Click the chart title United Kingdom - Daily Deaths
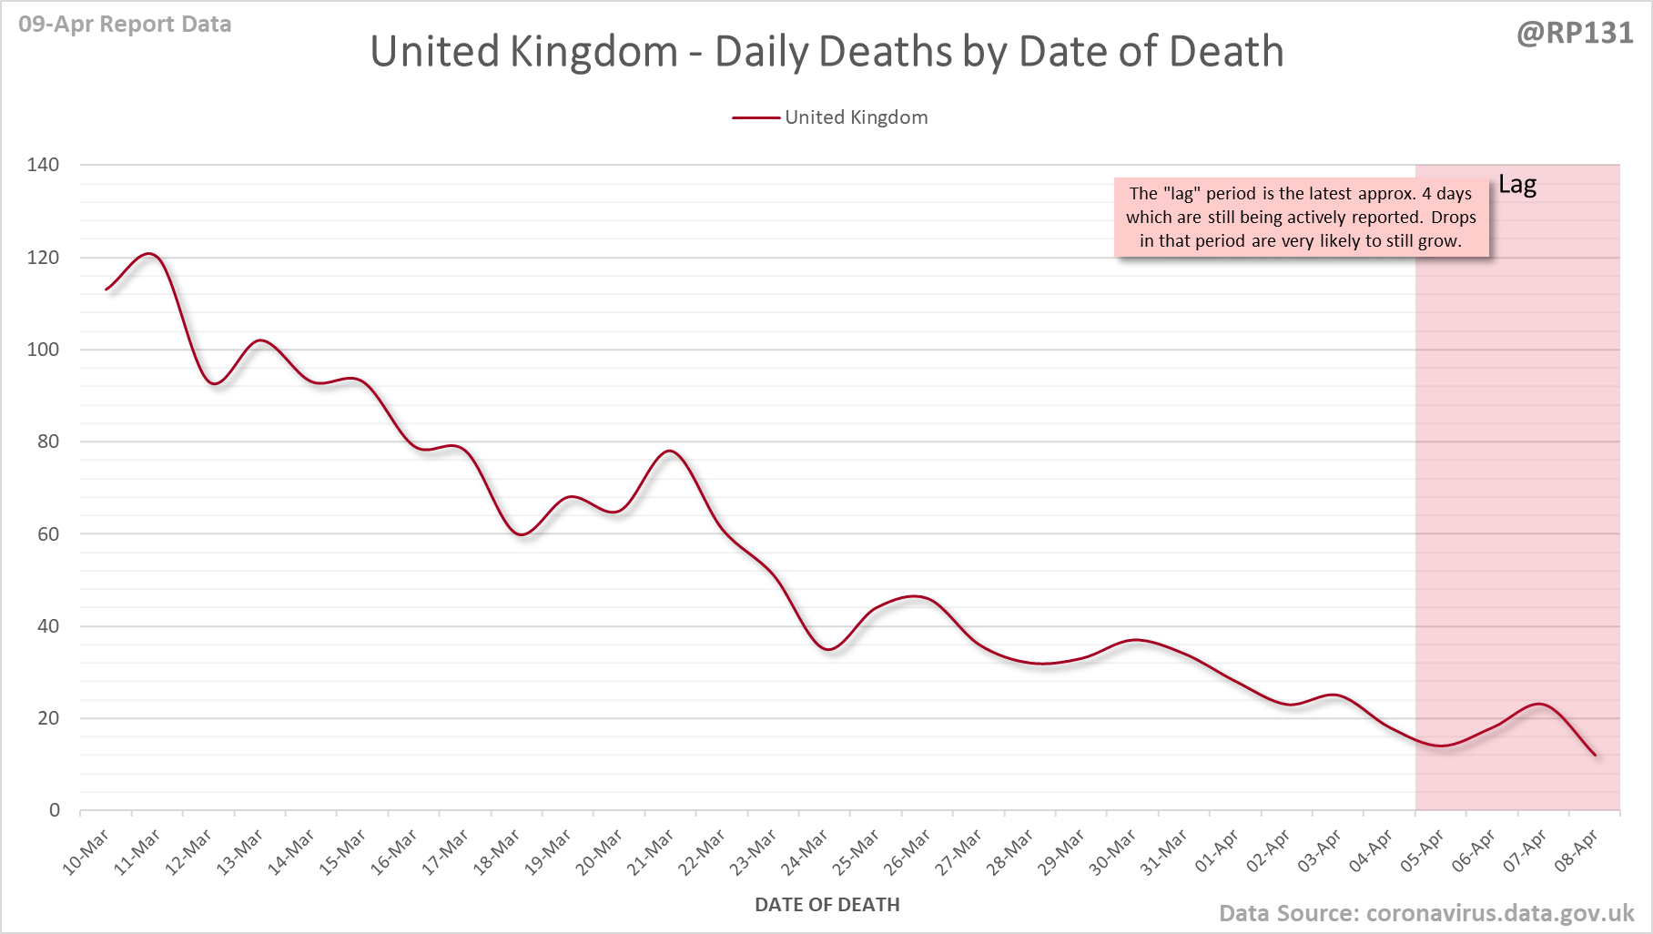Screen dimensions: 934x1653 pos(826,52)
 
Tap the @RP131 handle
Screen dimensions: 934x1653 pos(1575,34)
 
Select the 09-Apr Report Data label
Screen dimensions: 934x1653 pos(125,25)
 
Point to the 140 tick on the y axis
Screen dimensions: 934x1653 pos(43,165)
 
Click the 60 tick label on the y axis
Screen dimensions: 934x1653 pos(48,534)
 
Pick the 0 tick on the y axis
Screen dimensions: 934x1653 pos(55,810)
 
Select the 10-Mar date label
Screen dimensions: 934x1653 pos(86,852)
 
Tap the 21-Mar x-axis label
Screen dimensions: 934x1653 pos(650,852)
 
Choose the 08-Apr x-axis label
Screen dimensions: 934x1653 pos(1576,852)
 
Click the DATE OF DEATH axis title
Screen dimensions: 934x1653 pos(826,905)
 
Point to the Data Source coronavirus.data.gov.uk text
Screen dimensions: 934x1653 pos(1426,913)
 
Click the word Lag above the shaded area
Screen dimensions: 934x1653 pos(1517,185)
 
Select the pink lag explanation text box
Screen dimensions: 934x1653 pos(1301,218)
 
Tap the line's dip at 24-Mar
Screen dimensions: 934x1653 pos(828,649)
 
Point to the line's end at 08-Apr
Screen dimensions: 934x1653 pos(1595,755)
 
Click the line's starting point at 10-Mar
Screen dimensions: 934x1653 pos(106,289)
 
